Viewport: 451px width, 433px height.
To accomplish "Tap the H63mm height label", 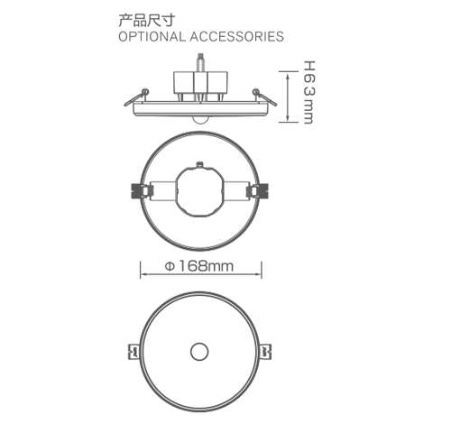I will (308, 93).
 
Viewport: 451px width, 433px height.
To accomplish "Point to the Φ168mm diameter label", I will (199, 266).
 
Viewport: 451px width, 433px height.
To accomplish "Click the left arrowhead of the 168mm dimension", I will (142, 266).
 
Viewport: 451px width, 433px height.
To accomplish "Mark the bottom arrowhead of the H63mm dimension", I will (288, 120).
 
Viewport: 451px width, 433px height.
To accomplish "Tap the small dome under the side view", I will (199, 117).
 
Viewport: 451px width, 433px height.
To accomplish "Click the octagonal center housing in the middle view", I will (199, 191).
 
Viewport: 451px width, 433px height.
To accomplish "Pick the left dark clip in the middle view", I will (140, 191).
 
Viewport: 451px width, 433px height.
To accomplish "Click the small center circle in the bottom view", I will (199, 350).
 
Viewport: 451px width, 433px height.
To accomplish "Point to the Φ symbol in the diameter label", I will (170, 266).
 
